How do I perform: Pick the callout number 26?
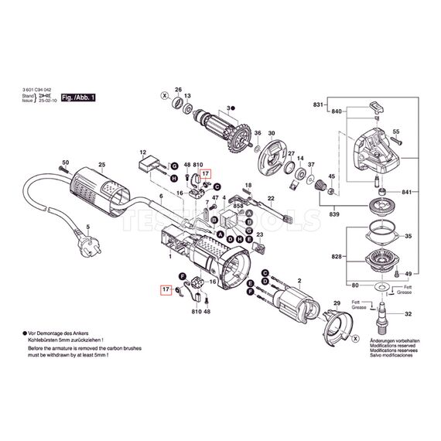point(179,89)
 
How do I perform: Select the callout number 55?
point(396,133)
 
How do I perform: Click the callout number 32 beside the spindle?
point(409,314)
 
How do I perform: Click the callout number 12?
point(142,152)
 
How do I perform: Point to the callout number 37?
point(311,165)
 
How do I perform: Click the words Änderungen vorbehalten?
point(395,340)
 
